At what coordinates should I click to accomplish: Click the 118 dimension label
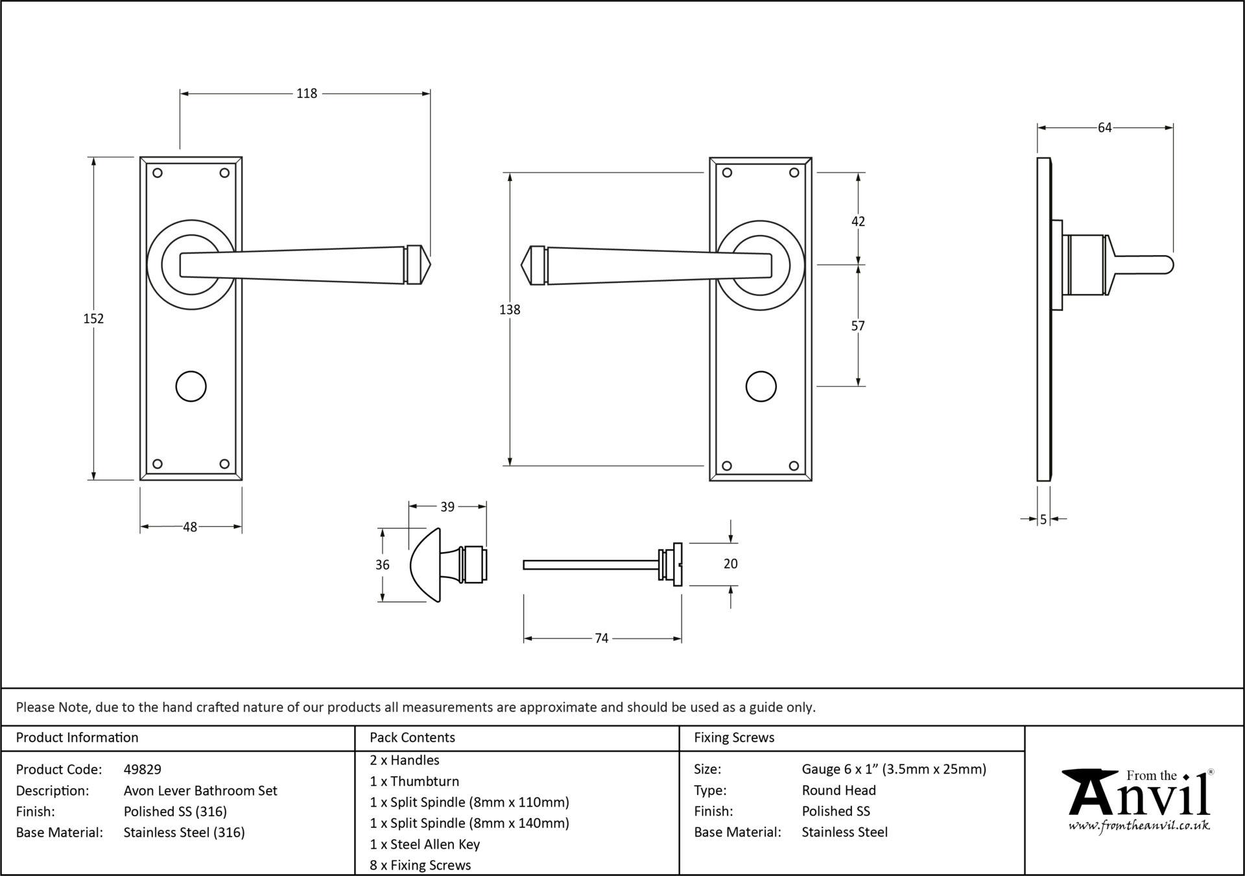307,93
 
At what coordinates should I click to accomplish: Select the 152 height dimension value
93,319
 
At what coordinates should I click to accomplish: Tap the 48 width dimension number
189,527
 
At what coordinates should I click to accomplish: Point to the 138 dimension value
510,310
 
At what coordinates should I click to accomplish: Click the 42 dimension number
858,221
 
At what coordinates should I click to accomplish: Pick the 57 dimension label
858,326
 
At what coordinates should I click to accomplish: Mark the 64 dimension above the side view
1104,128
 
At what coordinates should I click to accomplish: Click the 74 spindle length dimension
601,639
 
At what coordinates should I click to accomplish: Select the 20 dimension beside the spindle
730,564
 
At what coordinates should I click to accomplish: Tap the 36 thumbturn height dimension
383,565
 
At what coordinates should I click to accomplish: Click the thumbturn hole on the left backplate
191,387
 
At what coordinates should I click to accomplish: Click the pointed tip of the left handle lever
429,265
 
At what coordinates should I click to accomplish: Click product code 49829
143,770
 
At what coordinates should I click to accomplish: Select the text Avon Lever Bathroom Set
200,790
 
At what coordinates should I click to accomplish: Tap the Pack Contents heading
412,738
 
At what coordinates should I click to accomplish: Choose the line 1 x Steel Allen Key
425,844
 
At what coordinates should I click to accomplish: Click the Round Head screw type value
838,790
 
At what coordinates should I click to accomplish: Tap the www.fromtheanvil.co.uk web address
1139,825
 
